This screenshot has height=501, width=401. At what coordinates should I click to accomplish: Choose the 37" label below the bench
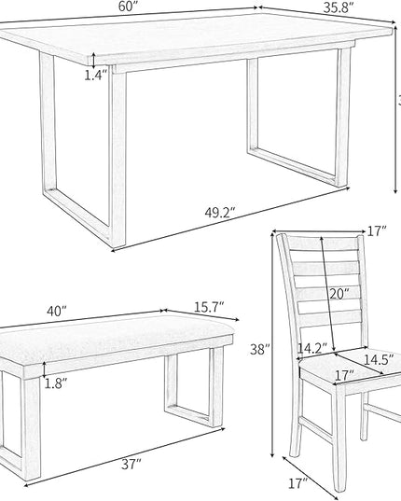click(x=131, y=464)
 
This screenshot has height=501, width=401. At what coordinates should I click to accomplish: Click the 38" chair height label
click(x=261, y=351)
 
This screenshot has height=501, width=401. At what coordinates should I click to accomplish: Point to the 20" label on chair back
click(x=339, y=294)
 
